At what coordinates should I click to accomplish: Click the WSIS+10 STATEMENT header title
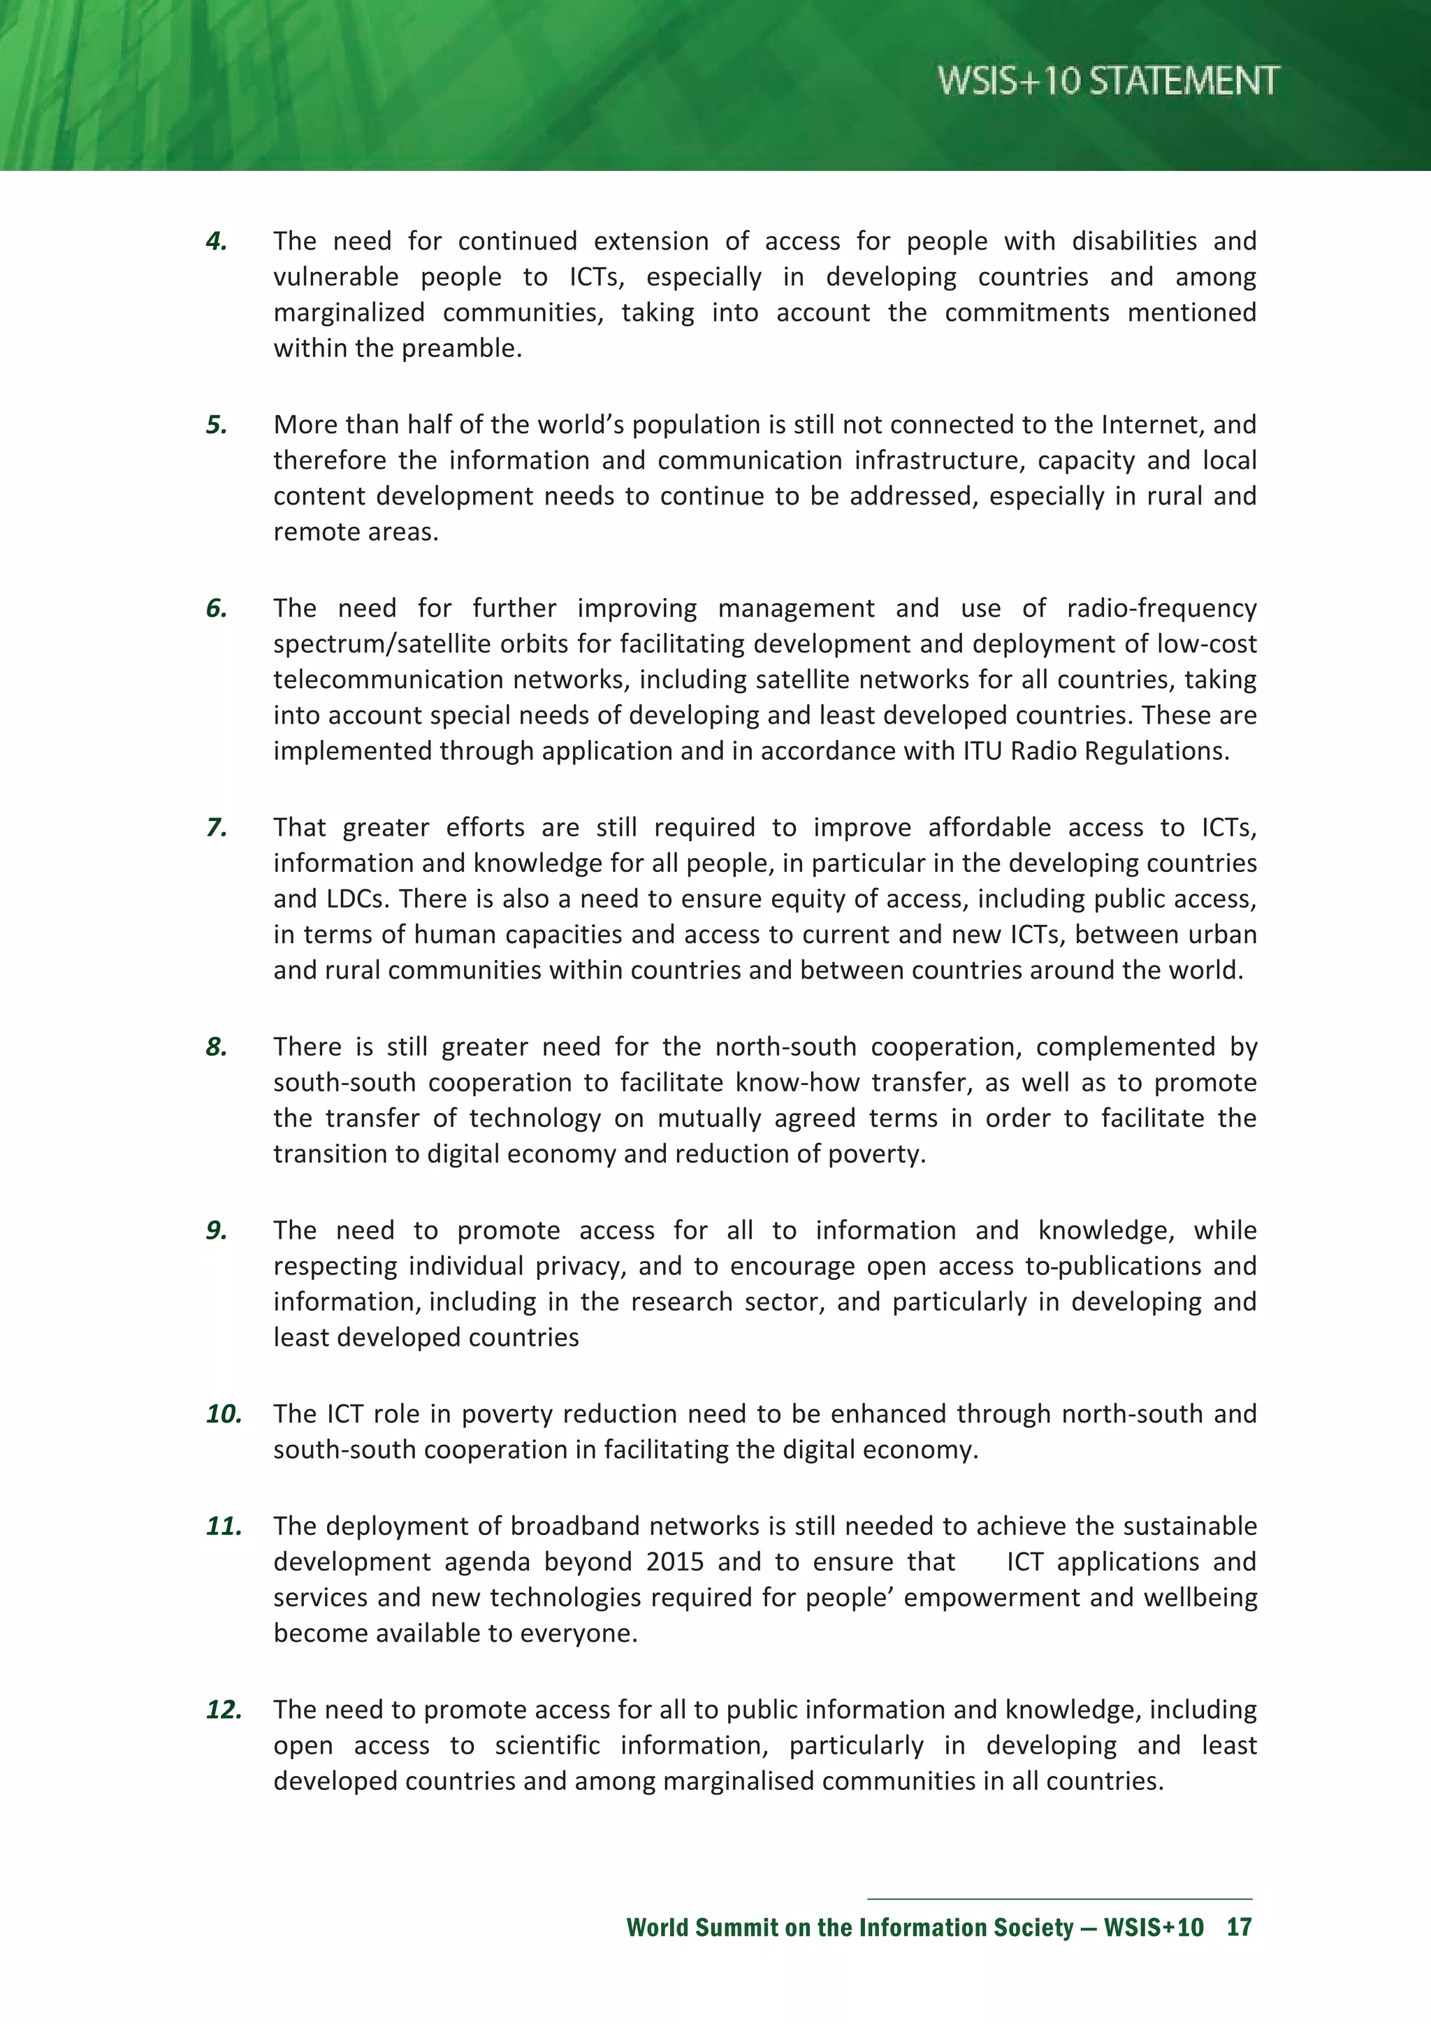pyautogui.click(x=1107, y=81)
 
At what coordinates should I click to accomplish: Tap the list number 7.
pyautogui.click(x=216, y=828)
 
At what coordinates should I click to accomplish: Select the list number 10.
pyautogui.click(x=224, y=1414)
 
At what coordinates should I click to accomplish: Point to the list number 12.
pyautogui.click(x=224, y=1710)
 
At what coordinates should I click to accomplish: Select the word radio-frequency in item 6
pyautogui.click(x=1161, y=609)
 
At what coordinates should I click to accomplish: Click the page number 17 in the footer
pyautogui.click(x=1239, y=1928)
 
